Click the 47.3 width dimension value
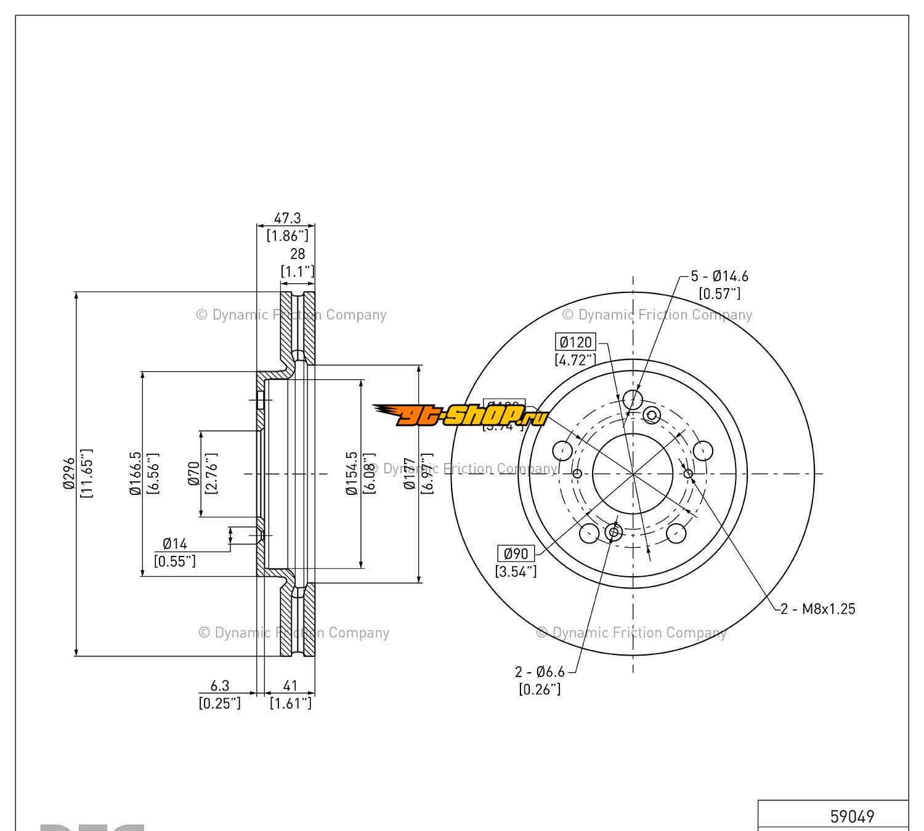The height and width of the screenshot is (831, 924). tap(287, 218)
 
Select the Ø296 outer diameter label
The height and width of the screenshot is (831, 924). tap(69, 473)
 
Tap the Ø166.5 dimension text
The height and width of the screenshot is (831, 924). tap(135, 473)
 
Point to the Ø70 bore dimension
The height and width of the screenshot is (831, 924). tap(194, 473)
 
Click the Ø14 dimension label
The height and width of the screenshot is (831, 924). tap(175, 544)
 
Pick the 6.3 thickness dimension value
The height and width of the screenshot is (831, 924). tap(220, 686)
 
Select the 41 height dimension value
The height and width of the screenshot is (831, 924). tap(290, 686)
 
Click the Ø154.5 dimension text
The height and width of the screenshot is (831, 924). tap(352, 473)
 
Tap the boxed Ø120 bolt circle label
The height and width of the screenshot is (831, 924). tap(576, 342)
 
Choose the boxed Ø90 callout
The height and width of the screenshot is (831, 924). tap(516, 553)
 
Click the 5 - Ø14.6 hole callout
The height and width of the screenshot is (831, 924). tap(719, 276)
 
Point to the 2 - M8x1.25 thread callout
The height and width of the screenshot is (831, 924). tap(818, 609)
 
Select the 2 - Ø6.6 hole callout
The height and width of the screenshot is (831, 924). tap(540, 672)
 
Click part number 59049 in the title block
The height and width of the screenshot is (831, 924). tap(852, 816)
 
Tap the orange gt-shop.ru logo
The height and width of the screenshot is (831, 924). tap(461, 415)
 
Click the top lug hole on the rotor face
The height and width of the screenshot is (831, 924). tap(632, 399)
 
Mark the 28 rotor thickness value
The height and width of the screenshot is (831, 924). tap(298, 254)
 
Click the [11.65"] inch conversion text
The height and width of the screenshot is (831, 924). tap(87, 473)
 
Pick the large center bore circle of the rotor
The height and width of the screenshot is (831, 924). tap(633, 473)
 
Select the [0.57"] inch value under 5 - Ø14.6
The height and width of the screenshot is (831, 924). tap(719, 294)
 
